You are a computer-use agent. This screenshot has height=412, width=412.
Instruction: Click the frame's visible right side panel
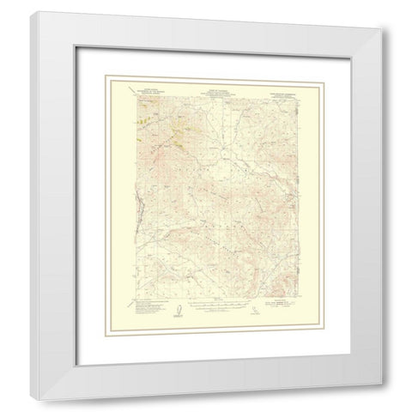pyautogui.click(x=379, y=206)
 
